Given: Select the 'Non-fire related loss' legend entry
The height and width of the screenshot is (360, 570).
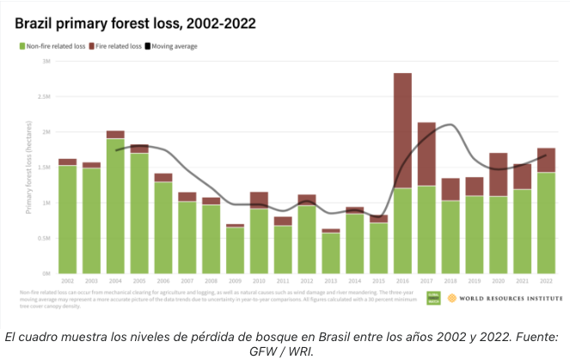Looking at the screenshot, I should [x=53, y=46].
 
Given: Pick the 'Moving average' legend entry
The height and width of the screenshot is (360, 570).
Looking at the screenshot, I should [x=173, y=46].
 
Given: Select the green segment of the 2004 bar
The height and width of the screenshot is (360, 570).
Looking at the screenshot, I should [x=115, y=206].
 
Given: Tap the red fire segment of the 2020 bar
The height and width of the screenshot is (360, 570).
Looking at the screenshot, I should [x=498, y=174].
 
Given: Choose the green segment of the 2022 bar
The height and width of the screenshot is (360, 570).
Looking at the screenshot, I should [x=545, y=223].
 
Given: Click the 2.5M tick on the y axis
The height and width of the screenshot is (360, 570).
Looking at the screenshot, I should [x=44, y=97].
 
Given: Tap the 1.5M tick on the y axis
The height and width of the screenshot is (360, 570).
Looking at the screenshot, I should [x=44, y=168].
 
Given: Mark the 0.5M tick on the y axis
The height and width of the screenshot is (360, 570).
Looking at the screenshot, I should [x=44, y=238].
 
